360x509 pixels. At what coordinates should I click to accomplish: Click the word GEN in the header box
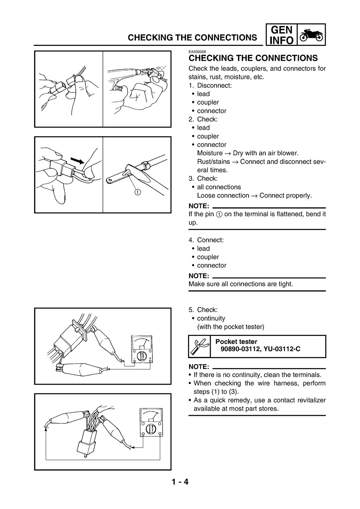282,30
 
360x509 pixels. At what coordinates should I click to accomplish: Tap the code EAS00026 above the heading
197,52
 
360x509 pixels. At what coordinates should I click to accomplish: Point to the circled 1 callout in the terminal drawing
138,192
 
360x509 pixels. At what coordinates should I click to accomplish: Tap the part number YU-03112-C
282,349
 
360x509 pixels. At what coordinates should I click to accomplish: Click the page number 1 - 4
180,482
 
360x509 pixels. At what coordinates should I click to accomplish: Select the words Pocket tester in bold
236,342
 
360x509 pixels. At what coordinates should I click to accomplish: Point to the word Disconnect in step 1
214,86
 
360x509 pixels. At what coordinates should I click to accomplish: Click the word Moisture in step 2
210,153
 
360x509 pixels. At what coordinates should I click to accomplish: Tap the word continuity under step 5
211,318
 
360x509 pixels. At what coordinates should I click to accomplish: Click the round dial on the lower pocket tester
151,428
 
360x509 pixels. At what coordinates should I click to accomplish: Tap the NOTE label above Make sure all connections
199,276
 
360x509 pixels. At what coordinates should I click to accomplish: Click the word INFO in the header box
282,40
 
